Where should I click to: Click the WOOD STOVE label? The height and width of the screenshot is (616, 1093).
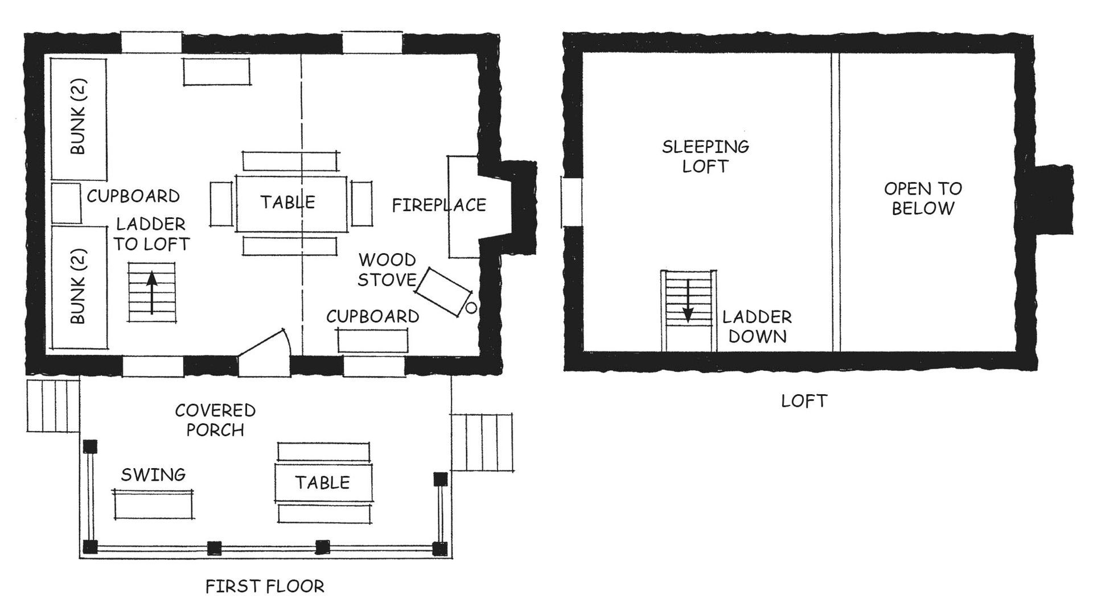pyautogui.click(x=387, y=270)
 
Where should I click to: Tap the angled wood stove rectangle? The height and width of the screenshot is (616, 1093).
pyautogui.click(x=444, y=292)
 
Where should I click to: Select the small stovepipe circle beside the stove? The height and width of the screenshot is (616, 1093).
pyautogui.click(x=471, y=308)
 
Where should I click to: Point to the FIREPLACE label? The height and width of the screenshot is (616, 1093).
pyautogui.click(x=439, y=205)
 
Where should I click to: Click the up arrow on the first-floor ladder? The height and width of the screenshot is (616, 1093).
pyautogui.click(x=151, y=293)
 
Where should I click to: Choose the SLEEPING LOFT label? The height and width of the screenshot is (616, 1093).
pyautogui.click(x=705, y=156)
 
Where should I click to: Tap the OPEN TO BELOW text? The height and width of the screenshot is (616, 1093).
pyautogui.click(x=923, y=198)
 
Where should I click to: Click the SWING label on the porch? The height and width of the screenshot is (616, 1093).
pyautogui.click(x=153, y=474)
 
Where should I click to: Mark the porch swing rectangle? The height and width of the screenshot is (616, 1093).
pyautogui.click(x=154, y=504)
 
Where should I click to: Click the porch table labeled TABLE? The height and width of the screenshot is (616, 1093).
pyautogui.click(x=323, y=483)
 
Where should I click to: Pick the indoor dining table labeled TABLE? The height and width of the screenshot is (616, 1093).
pyautogui.click(x=291, y=203)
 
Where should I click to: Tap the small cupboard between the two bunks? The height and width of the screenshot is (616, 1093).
pyautogui.click(x=66, y=203)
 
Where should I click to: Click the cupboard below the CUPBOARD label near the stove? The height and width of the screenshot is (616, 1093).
pyautogui.click(x=373, y=341)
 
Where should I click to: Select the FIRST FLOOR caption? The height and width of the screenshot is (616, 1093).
pyautogui.click(x=265, y=586)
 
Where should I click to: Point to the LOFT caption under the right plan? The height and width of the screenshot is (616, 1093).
pyautogui.click(x=803, y=401)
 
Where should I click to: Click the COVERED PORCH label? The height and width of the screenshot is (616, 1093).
pyautogui.click(x=215, y=420)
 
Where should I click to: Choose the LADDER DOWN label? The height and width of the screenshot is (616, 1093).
pyautogui.click(x=757, y=326)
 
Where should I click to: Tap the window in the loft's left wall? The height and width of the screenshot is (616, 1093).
pyautogui.click(x=572, y=201)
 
